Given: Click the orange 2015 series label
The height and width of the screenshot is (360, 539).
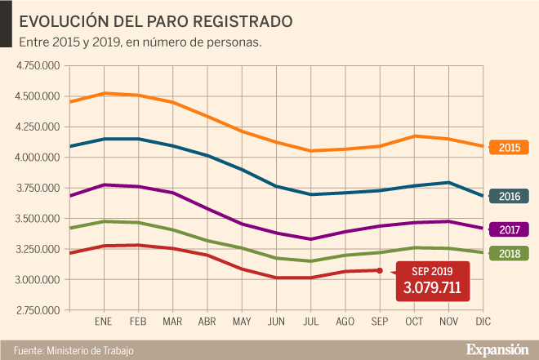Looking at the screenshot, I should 509,148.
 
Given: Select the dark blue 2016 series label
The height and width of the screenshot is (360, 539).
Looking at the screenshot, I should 509,196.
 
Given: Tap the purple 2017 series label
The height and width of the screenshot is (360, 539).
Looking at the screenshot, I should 509,229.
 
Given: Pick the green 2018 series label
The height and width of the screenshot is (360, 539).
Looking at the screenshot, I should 509,254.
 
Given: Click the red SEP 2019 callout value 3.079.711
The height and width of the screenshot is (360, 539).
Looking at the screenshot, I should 432,287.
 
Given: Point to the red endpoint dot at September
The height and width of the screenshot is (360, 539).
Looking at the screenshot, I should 381,270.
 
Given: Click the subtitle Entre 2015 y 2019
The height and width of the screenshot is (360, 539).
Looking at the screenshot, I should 69,41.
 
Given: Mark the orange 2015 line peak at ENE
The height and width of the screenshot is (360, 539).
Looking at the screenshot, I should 105,93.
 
